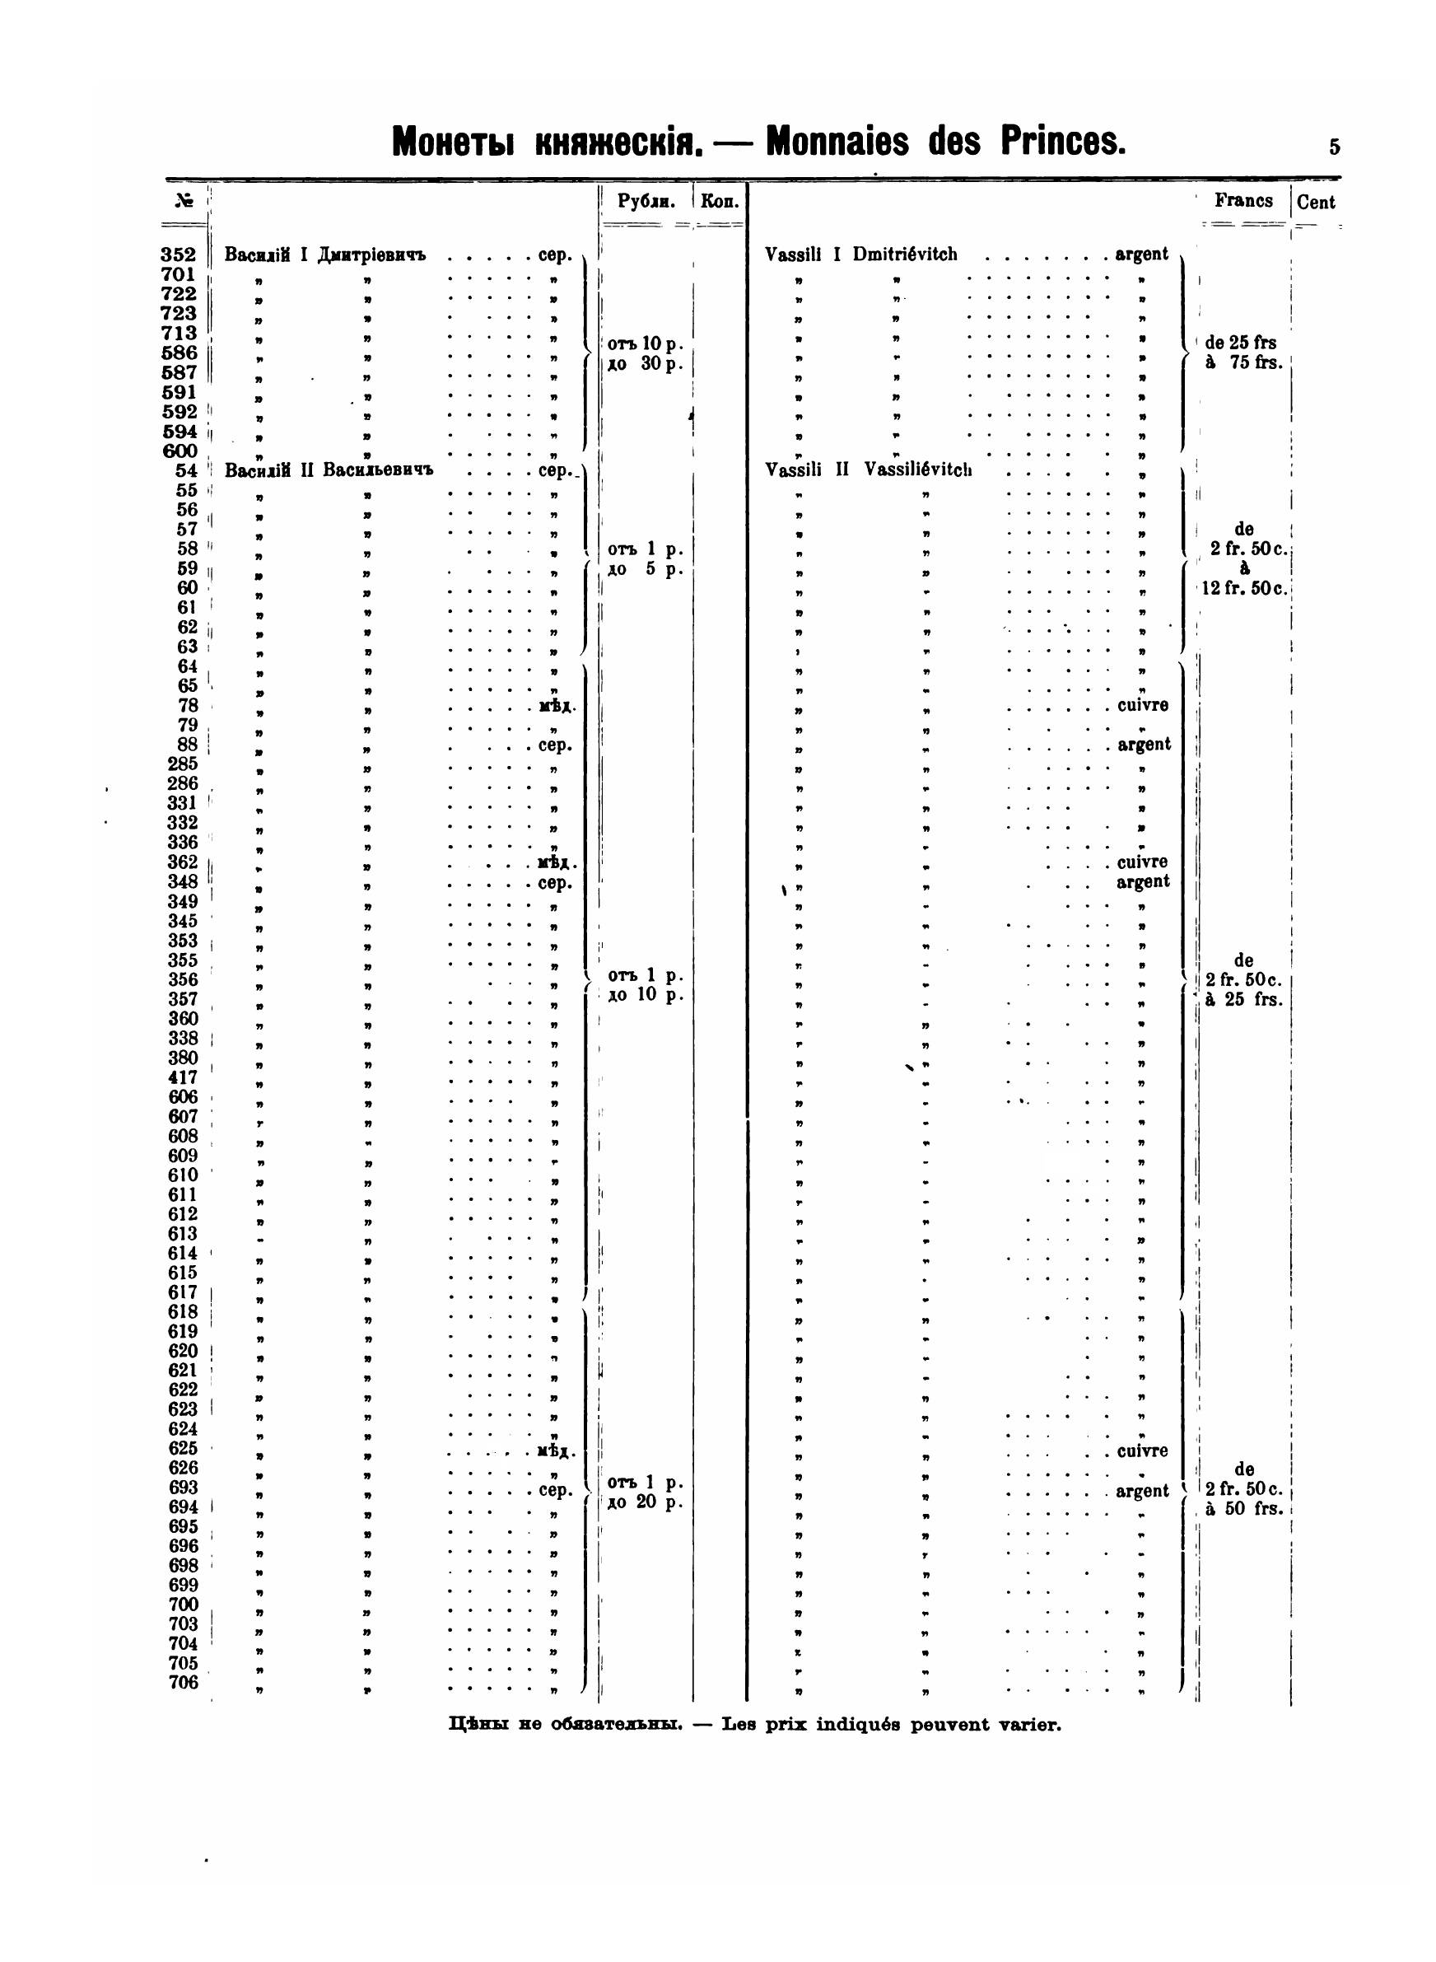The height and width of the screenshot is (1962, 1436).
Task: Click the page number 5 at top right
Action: tap(1333, 147)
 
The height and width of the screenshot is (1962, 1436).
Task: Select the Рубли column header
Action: tap(646, 202)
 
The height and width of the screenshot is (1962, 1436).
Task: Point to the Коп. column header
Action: tap(720, 202)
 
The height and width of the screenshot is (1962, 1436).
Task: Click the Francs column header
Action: tap(1243, 201)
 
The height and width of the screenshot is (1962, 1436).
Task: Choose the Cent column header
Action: tap(1315, 203)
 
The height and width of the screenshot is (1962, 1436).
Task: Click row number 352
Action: tap(178, 255)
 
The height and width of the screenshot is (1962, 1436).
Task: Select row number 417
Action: tap(183, 1078)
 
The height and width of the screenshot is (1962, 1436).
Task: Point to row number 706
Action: tap(183, 1682)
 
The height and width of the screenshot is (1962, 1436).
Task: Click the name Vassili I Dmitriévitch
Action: tap(860, 255)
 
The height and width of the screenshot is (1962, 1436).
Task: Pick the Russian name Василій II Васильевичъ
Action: tap(329, 470)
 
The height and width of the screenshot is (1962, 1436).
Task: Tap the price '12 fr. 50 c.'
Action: tap(1244, 587)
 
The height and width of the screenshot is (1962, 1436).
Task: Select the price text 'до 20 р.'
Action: tap(645, 1502)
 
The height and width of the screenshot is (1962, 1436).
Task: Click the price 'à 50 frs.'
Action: tap(1244, 1508)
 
